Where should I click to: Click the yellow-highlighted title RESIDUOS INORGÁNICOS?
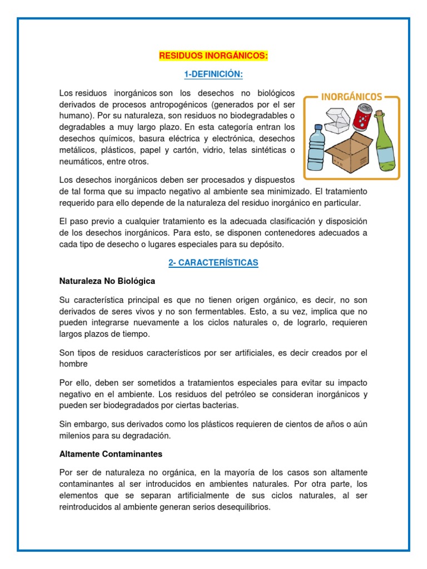click(213, 56)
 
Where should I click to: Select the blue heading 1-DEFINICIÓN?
click(213, 74)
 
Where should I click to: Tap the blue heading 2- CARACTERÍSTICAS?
click(213, 263)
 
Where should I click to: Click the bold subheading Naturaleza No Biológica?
click(107, 281)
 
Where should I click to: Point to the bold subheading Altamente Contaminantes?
click(111, 454)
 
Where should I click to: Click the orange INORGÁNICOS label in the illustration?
click(351, 97)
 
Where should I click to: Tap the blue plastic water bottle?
click(316, 148)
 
